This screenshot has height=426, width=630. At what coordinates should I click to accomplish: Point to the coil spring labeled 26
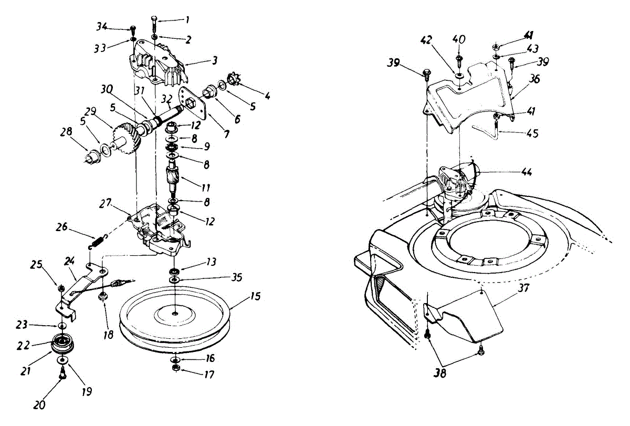click(x=98, y=241)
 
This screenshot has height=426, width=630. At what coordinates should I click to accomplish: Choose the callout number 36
click(x=534, y=79)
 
